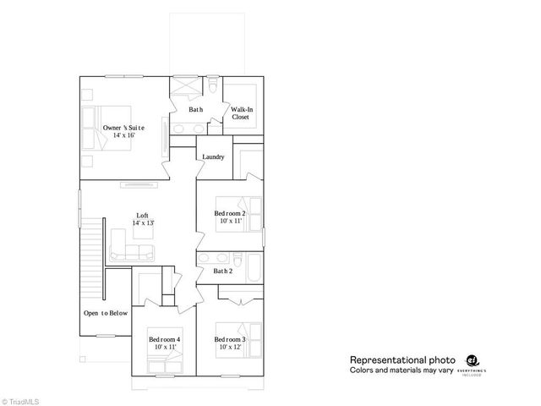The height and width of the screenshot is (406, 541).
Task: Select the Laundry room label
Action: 212,157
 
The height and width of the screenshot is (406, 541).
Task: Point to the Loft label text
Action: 143,215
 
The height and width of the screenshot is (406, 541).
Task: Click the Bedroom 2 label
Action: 229,213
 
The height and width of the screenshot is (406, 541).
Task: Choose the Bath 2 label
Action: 222,271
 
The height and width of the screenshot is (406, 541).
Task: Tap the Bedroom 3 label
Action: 230,338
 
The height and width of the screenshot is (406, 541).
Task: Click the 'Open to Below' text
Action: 106,313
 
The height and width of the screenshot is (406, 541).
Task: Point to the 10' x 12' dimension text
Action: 230,347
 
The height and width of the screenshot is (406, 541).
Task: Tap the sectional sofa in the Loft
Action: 132,248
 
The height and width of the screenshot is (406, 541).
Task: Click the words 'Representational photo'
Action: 402,359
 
